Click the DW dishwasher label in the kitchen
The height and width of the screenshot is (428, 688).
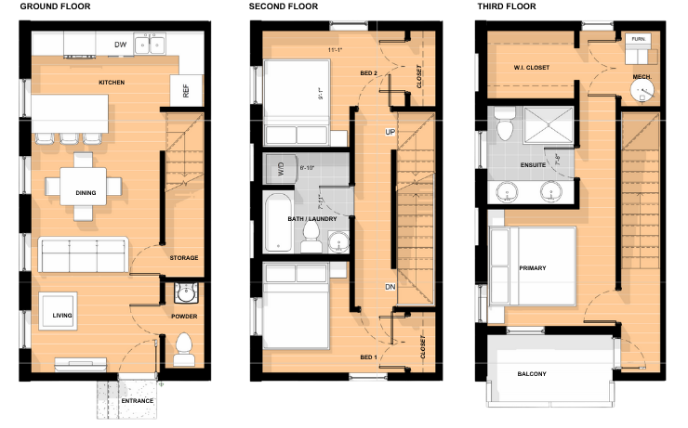[120, 45]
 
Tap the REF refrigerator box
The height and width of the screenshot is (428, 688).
[186, 91]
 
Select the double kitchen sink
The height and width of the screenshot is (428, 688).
[150, 44]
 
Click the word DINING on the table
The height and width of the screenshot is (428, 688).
[86, 193]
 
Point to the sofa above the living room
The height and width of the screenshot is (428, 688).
[83, 253]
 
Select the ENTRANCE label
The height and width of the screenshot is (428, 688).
[137, 401]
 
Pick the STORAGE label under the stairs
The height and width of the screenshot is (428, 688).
[184, 257]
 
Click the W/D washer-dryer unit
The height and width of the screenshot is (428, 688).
[277, 169]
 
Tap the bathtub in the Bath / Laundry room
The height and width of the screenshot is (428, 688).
[278, 223]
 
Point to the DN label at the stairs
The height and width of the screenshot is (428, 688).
[390, 288]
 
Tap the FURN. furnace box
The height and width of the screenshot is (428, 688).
[638, 40]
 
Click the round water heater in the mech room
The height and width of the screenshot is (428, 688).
[641, 90]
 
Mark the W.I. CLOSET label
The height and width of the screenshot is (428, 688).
[531, 68]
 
